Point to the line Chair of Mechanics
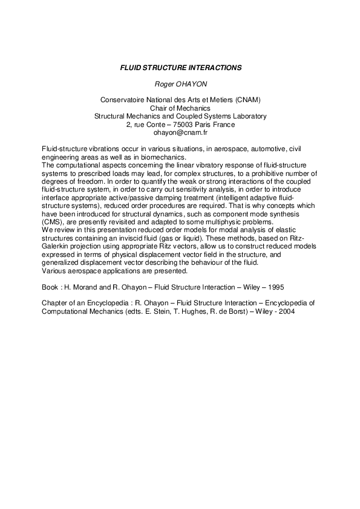pos(180,108)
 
